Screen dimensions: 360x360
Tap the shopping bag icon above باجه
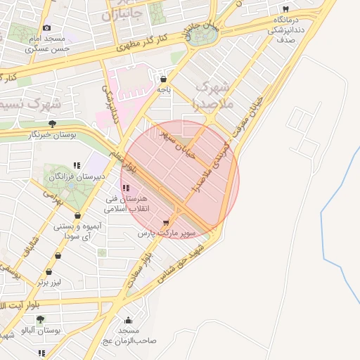164,79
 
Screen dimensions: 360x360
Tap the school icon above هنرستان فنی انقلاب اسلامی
126,187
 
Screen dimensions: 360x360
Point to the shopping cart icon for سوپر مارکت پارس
166,222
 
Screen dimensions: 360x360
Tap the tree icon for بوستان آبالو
39,319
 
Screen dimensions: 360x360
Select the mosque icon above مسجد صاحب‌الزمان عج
129,321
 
